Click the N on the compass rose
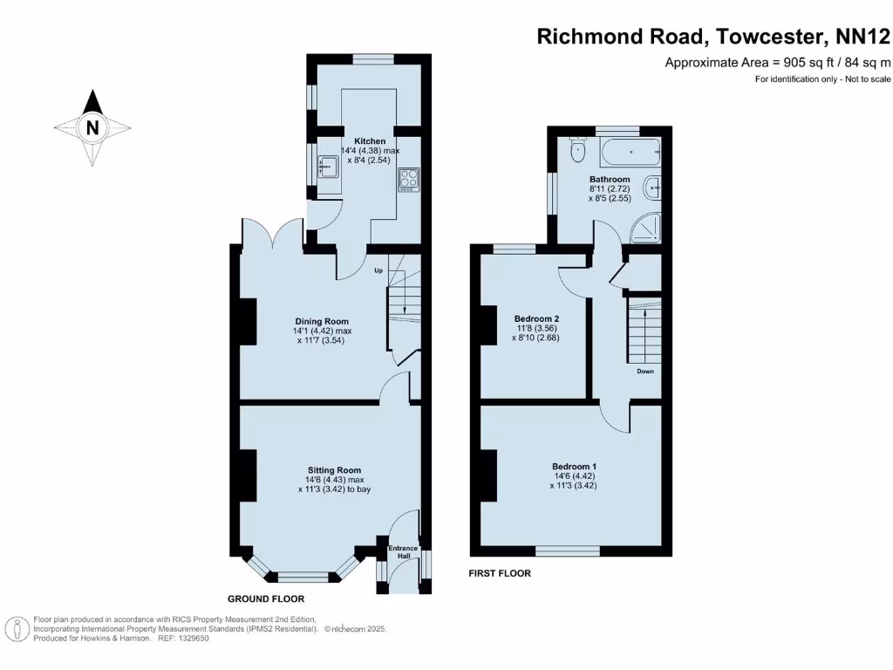pos(92,128)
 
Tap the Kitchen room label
pos(370,141)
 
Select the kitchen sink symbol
pos(328,165)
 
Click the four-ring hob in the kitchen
pos(408,180)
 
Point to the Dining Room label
pos(321,322)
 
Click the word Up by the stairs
pos(378,270)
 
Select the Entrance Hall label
pos(403,552)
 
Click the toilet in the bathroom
pos(576,151)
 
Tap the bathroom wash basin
pos(653,186)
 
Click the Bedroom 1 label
pos(574,467)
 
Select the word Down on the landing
pos(644,371)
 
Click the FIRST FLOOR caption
pos(500,573)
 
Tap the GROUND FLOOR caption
pos(266,599)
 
